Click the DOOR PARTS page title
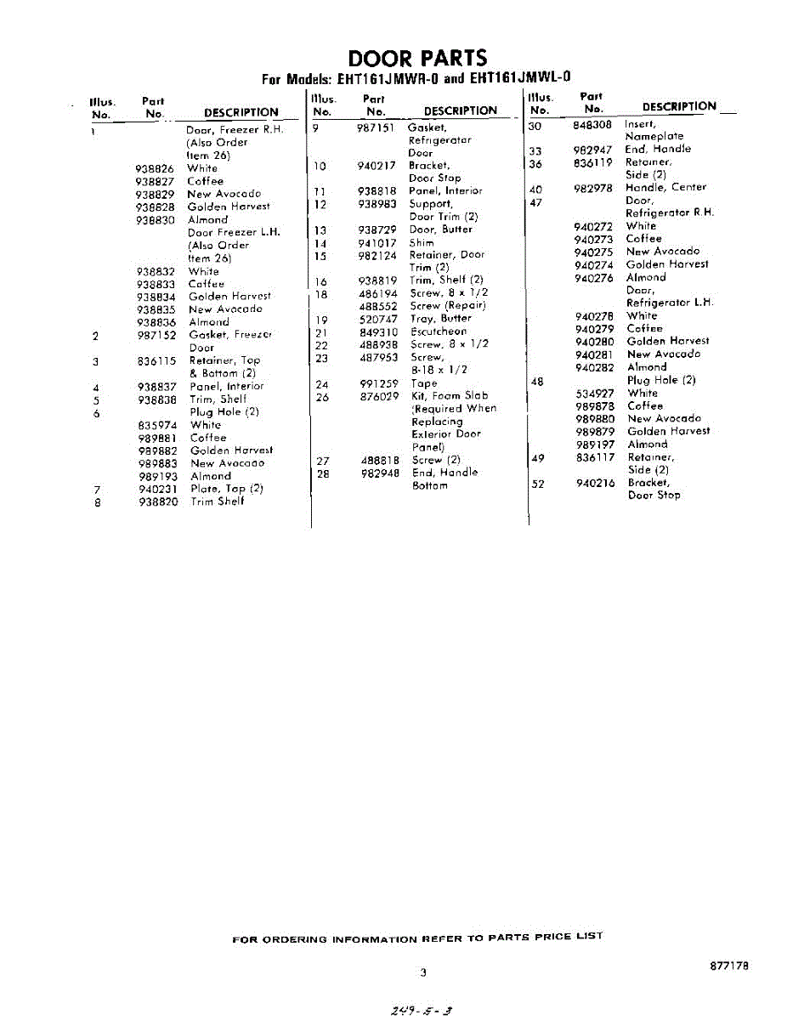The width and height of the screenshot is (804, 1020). (417, 58)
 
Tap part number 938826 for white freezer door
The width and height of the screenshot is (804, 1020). (155, 168)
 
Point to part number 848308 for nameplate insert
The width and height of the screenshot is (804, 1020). (592, 124)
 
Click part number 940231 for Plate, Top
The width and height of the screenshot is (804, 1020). (157, 489)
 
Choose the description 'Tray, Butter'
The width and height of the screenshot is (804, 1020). (440, 319)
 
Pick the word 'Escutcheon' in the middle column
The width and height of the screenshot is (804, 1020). (439, 331)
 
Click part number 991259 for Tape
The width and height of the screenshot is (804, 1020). (378, 383)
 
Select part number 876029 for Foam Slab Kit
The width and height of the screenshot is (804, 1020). (378, 396)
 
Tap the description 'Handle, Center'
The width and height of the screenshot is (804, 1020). (665, 187)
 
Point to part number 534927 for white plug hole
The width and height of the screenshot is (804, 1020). (594, 394)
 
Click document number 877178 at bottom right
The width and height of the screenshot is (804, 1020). (728, 966)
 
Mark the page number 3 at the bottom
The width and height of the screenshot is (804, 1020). (422, 972)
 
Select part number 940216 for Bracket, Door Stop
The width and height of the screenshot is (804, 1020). (594, 483)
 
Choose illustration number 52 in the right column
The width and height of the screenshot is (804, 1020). (537, 483)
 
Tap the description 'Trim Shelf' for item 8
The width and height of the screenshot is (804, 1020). (217, 501)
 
